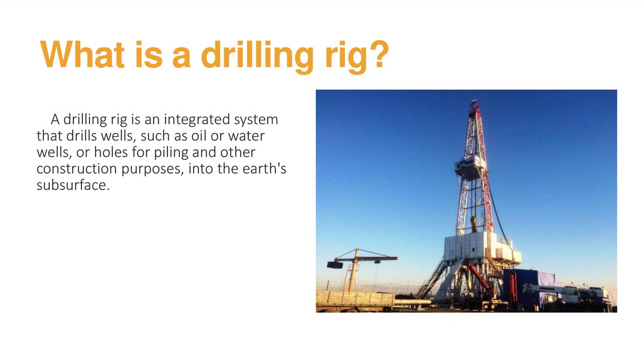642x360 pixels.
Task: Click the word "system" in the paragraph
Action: tap(256, 119)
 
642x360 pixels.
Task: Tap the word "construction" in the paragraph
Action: tap(75, 169)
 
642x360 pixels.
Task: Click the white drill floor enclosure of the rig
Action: tap(476, 245)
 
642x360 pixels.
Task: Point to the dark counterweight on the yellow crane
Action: tap(335, 265)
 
